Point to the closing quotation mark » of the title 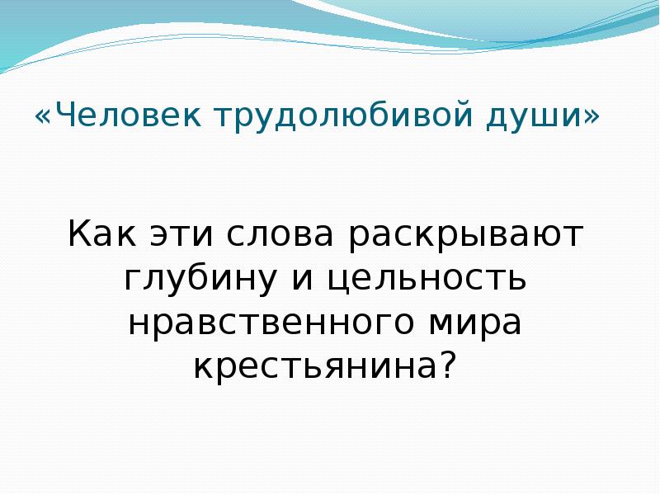click(x=592, y=116)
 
